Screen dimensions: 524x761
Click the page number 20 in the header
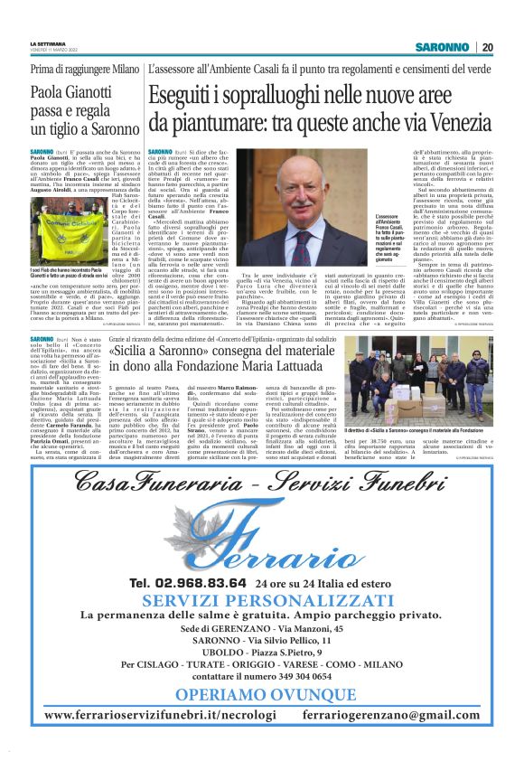pyautogui.click(x=488, y=47)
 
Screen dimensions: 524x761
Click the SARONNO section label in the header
pyautogui.click(x=443, y=47)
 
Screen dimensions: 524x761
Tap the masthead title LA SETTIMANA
pyautogui.click(x=47, y=43)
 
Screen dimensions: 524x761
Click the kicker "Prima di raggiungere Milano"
pyautogui.click(x=72, y=70)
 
